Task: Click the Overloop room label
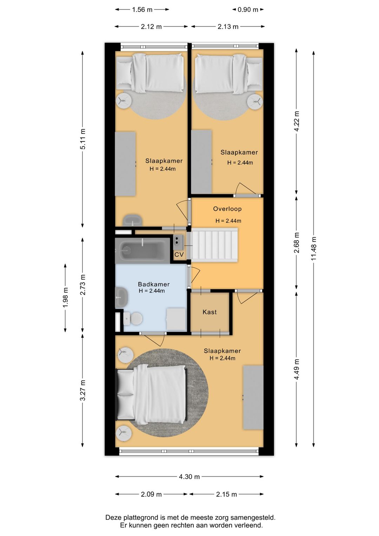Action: [x=227, y=209]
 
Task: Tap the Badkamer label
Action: [x=154, y=284]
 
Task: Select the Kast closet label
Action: [x=210, y=312]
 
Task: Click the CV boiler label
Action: [x=179, y=255]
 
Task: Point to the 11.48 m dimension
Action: [x=313, y=249]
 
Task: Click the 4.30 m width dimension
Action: [x=189, y=477]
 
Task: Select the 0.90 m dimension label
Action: [x=248, y=9]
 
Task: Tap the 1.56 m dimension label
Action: [x=142, y=9]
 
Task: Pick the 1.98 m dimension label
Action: [x=65, y=298]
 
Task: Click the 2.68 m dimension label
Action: [x=297, y=242]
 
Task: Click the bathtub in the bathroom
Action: [x=142, y=250]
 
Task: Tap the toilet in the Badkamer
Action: [x=133, y=319]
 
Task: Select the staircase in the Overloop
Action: [x=215, y=245]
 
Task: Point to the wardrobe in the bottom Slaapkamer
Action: [x=253, y=398]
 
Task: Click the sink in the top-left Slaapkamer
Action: [x=133, y=220]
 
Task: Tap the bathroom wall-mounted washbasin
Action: [x=121, y=298]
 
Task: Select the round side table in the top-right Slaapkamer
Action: [x=255, y=102]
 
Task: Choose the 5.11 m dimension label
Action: [x=83, y=139]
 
